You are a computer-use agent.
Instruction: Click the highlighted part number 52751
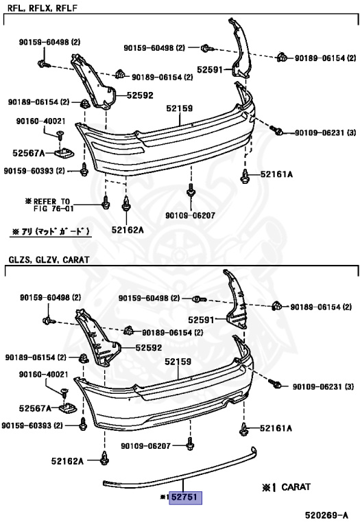pos(186,497)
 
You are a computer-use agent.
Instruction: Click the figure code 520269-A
pos(326,515)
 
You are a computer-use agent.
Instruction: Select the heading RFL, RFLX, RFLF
pos(43,8)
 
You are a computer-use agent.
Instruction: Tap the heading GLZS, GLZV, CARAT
pos(49,260)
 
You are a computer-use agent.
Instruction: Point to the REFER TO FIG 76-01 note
pos(49,204)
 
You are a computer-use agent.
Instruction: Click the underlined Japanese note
pos(51,231)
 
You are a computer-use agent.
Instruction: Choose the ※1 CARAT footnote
pos(286,487)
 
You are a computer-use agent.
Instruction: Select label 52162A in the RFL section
pos(128,230)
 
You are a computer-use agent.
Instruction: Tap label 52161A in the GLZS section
pos(276,428)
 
